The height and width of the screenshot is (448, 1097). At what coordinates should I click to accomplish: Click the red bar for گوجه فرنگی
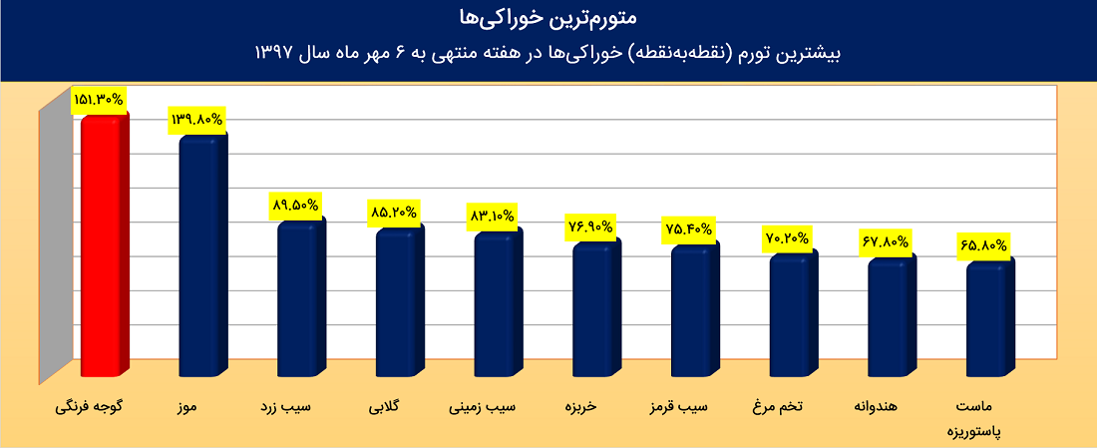pyautogui.click(x=103, y=249)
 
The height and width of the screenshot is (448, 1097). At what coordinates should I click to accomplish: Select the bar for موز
pyautogui.click(x=200, y=259)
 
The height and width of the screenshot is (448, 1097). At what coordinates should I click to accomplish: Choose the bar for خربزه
pyautogui.click(x=594, y=311)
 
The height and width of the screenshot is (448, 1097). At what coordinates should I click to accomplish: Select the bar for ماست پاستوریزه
pyautogui.click(x=988, y=321)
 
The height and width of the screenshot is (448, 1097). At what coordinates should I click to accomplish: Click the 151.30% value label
pyautogui.click(x=98, y=100)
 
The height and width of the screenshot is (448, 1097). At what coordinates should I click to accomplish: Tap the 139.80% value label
pyautogui.click(x=197, y=120)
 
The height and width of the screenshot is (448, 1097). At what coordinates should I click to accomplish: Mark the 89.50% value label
pyautogui.click(x=295, y=206)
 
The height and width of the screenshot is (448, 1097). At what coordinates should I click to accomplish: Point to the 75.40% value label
pyautogui.click(x=688, y=229)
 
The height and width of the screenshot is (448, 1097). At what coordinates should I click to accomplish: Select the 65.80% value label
pyautogui.click(x=983, y=244)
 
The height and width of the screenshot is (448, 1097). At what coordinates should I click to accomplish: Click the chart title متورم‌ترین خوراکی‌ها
pyautogui.click(x=548, y=18)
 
